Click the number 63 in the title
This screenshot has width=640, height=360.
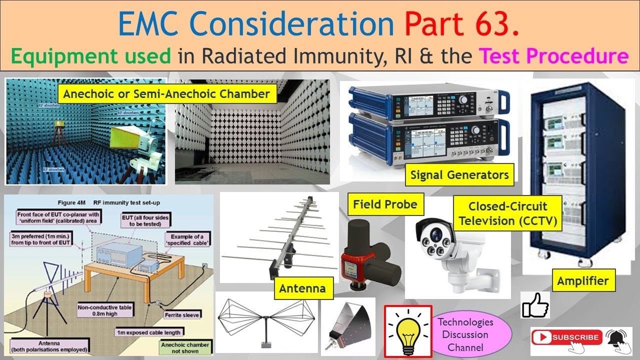point(495,23)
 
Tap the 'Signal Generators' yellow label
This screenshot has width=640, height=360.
point(459,175)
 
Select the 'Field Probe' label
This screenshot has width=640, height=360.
point(385,204)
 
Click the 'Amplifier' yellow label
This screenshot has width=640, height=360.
point(582,281)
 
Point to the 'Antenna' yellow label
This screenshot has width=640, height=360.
point(302,288)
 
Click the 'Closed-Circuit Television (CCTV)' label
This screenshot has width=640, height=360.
point(507,213)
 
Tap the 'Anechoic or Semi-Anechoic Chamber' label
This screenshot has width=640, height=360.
point(166,94)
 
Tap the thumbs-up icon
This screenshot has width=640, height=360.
point(535,305)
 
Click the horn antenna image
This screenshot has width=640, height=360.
point(347,325)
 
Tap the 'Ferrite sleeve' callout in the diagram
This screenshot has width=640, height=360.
point(182,315)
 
